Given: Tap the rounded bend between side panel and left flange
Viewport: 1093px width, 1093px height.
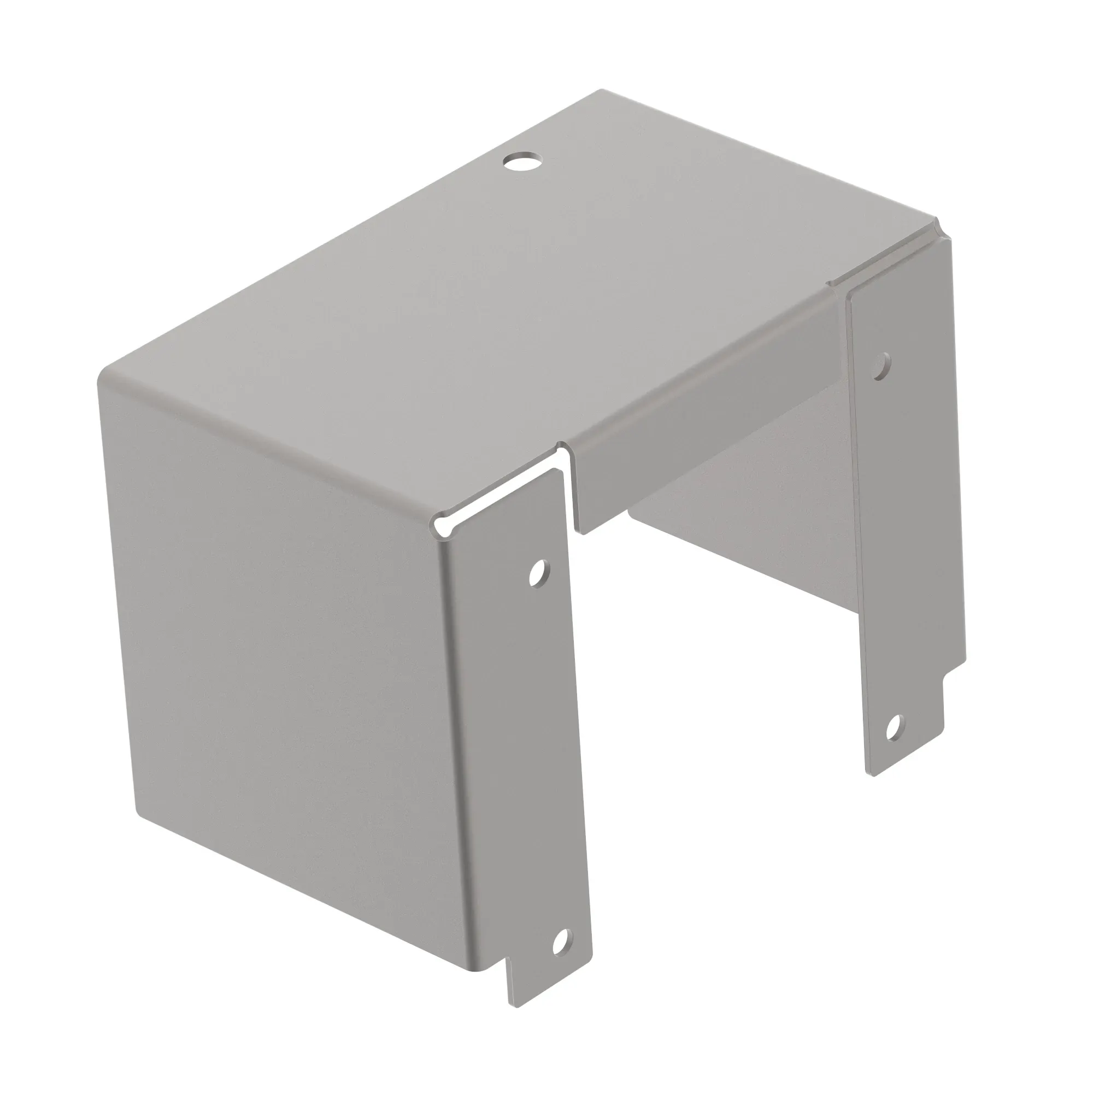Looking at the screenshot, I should (453, 736).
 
